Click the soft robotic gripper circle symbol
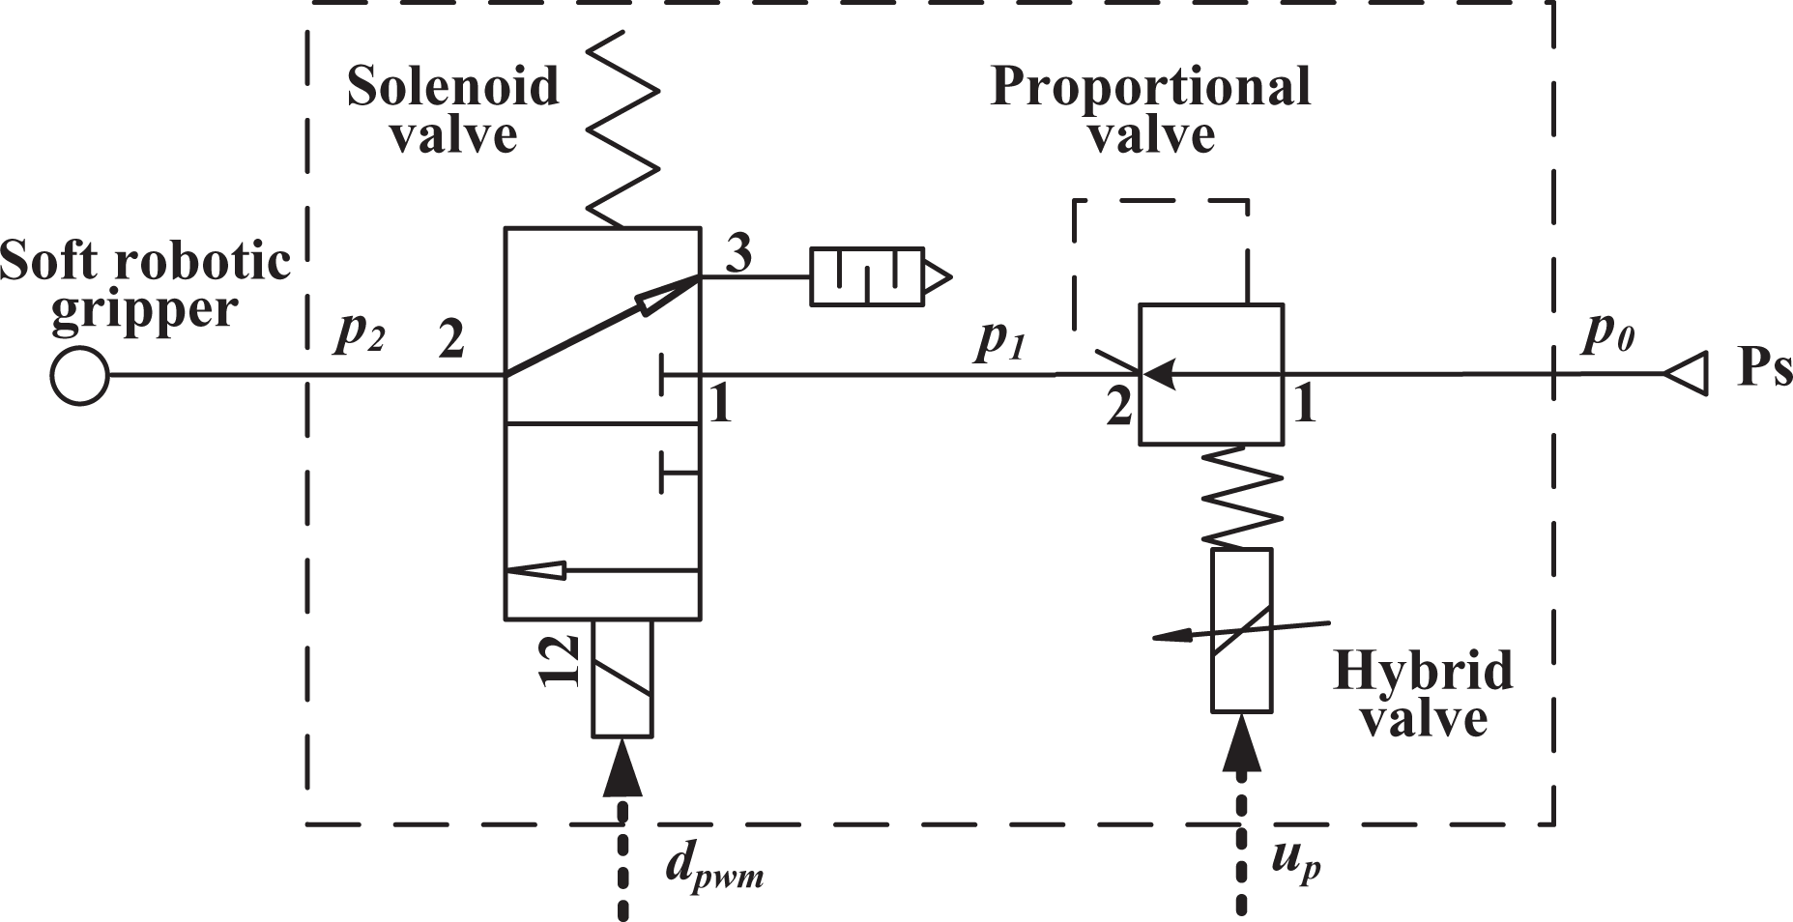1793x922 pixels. [79, 375]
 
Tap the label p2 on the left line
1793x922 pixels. [360, 333]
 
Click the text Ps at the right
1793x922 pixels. [1765, 368]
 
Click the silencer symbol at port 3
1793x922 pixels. [880, 278]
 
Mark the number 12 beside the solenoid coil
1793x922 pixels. [560, 661]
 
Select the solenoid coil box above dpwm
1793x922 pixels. [622, 677]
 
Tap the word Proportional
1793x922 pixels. [1150, 87]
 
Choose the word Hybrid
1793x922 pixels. [1423, 671]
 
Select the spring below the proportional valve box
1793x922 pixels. [1242, 497]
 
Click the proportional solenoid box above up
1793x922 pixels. [1242, 630]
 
